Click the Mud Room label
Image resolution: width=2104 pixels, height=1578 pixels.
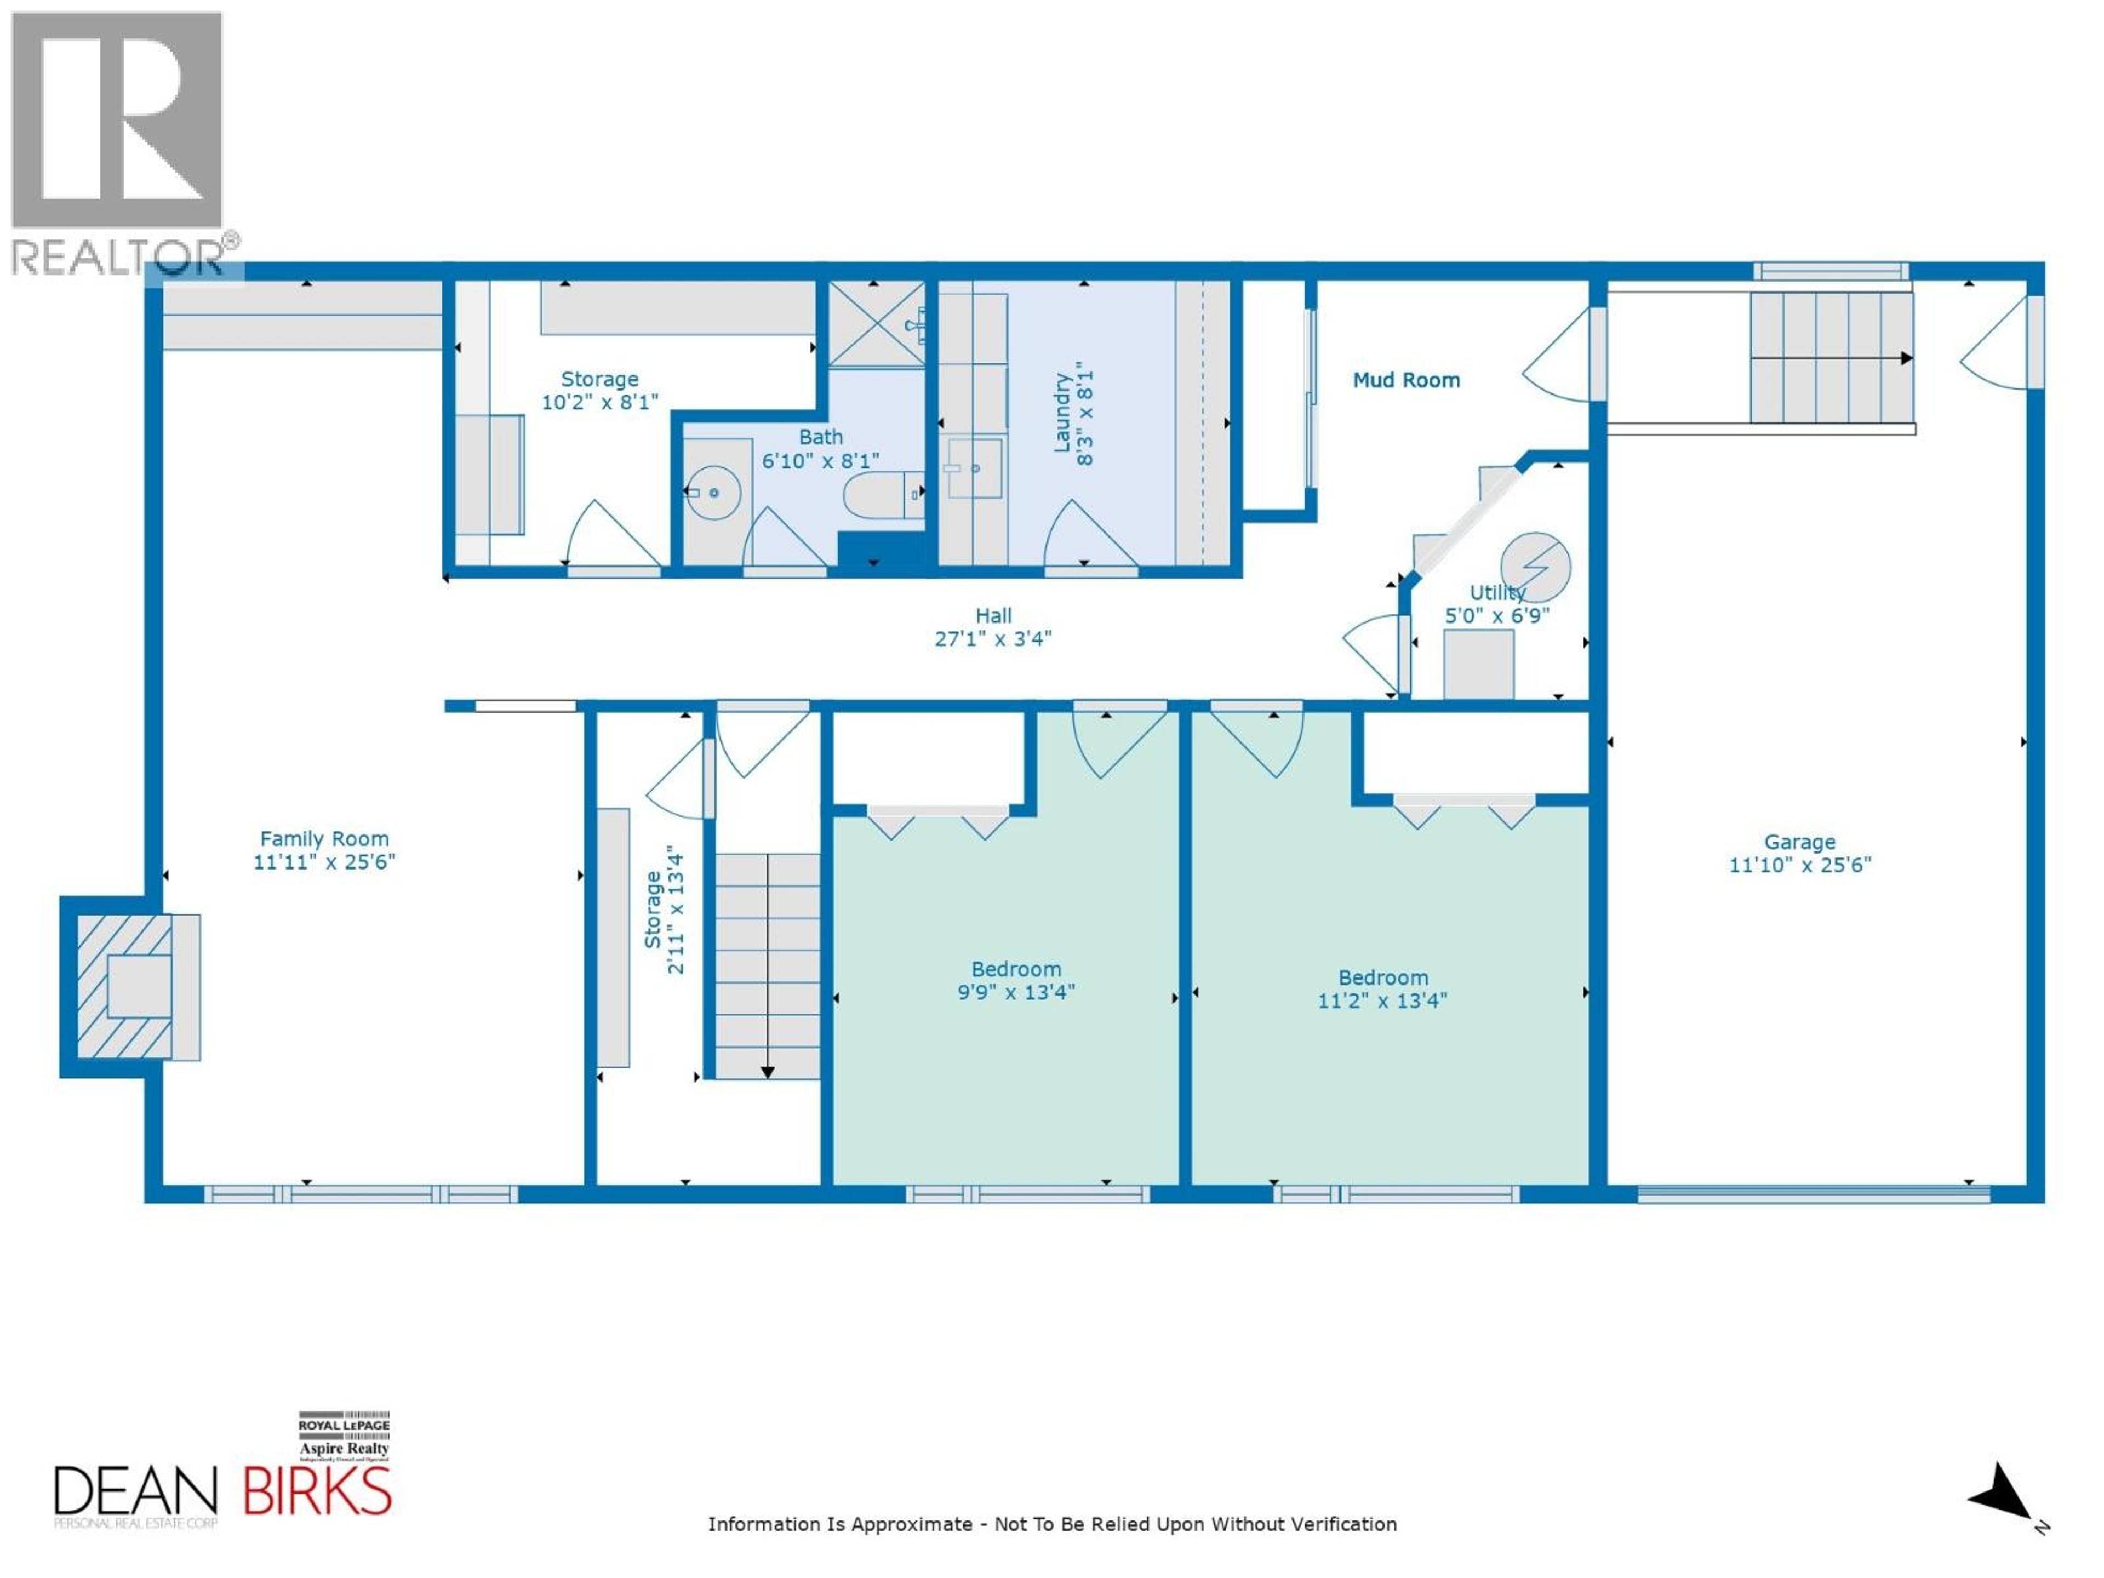(1406, 380)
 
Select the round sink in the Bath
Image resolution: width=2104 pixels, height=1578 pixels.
(713, 493)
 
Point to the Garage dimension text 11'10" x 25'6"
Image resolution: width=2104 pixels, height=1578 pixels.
(1799, 865)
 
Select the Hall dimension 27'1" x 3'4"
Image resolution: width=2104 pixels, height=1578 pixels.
(993, 639)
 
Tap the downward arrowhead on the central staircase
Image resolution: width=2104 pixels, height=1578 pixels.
(768, 1072)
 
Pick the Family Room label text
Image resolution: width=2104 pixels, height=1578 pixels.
(324, 839)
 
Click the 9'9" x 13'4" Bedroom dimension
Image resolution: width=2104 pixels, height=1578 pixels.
(1016, 992)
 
